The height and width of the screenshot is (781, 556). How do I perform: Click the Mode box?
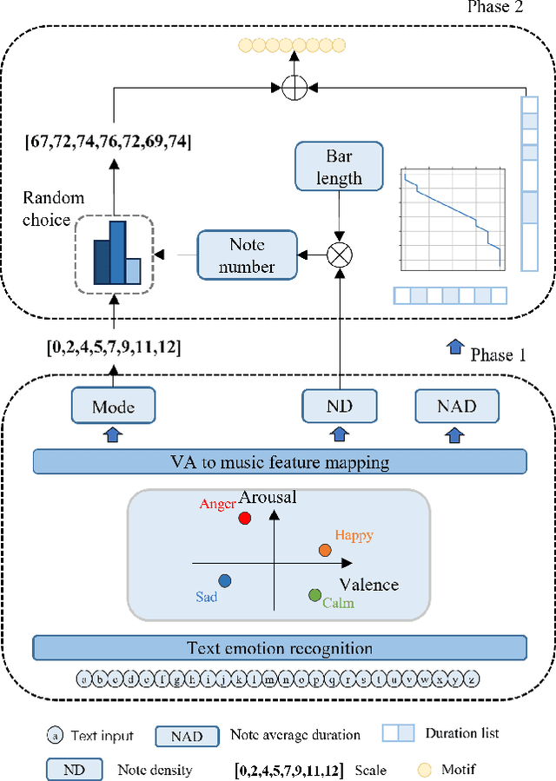tap(114, 406)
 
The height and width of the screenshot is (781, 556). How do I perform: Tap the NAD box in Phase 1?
tap(457, 406)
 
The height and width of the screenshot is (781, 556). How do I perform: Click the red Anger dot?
tap(245, 518)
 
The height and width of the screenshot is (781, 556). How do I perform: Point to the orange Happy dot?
tap(324, 550)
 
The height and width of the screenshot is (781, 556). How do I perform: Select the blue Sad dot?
tap(224, 580)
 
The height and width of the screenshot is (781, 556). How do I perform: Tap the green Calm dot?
tap(314, 594)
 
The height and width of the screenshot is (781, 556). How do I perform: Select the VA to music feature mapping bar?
tap(280, 461)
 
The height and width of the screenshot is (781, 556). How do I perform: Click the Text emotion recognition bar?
tap(280, 648)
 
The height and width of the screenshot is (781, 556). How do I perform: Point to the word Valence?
tap(368, 584)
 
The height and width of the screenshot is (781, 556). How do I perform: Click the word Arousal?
tap(268, 498)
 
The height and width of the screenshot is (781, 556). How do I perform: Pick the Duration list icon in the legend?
tap(398, 734)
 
